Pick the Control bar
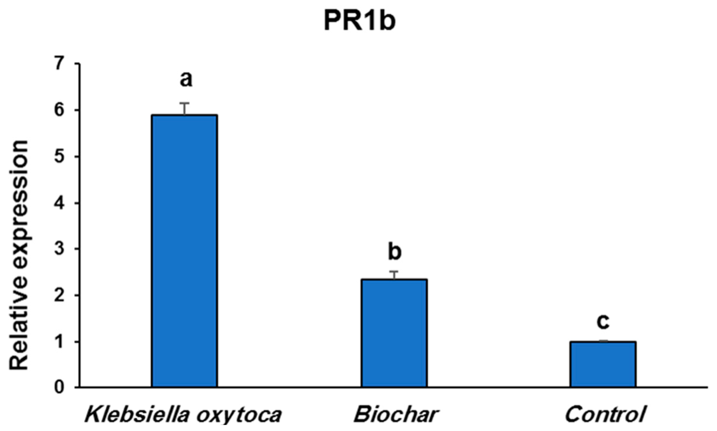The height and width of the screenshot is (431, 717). pyautogui.click(x=603, y=364)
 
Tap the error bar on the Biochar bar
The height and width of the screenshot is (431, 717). pyautogui.click(x=395, y=275)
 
